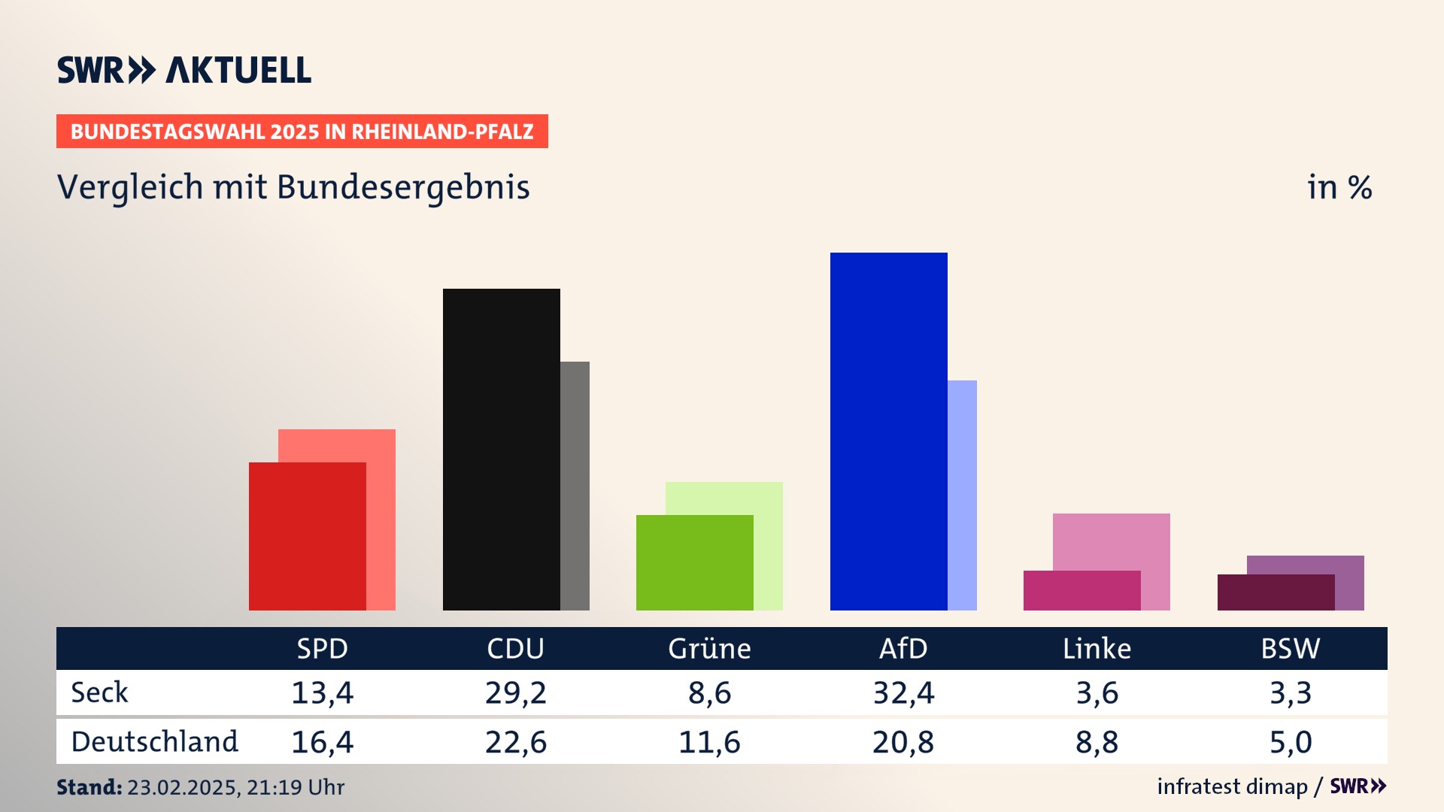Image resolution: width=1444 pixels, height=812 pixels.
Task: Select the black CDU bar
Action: click(501, 449)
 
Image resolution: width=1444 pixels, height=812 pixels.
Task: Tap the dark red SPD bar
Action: click(307, 536)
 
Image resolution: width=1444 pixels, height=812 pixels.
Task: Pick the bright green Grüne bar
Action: click(694, 562)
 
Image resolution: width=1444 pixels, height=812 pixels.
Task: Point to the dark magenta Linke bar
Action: click(1081, 590)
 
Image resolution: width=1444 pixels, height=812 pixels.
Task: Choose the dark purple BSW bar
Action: click(1276, 592)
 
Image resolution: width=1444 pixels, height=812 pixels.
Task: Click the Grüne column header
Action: click(709, 648)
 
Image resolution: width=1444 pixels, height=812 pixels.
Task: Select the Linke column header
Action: click(1097, 648)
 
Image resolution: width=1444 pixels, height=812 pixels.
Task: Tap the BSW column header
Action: click(1290, 648)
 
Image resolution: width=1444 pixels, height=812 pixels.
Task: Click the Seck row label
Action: click(99, 692)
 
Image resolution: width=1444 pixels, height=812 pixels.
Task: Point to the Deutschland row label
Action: click(154, 742)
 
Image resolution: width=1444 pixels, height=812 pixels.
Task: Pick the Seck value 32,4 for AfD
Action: click(903, 692)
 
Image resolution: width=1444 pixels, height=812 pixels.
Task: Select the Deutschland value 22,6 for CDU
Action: click(516, 742)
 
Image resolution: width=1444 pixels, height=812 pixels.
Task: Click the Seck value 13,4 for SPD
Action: click(322, 692)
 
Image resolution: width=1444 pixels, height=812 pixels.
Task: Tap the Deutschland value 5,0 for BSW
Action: click(1291, 742)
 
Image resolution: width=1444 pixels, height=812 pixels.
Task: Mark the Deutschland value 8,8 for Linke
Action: click(1097, 742)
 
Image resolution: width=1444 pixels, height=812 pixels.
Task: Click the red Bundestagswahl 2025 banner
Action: click(302, 132)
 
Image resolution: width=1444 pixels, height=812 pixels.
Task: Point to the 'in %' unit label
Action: click(1339, 187)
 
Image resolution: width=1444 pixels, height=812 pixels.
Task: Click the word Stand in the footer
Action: click(89, 787)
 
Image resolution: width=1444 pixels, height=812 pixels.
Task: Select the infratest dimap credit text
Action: click(1232, 786)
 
